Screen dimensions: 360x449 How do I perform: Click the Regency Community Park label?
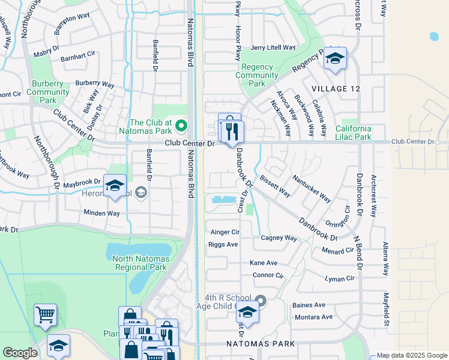(257, 75)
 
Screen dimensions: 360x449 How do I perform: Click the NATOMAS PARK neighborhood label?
(261, 344)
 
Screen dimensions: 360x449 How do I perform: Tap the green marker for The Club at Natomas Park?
(182, 125)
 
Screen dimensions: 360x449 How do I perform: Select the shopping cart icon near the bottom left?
(46, 314)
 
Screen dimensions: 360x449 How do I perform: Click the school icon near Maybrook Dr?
(115, 185)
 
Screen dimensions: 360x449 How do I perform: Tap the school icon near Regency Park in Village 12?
(336, 59)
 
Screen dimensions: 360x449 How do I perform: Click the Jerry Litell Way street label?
(273, 47)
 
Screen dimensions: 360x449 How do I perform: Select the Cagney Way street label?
(279, 238)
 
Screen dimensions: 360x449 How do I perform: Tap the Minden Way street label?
(101, 213)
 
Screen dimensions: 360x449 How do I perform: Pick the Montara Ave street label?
(313, 317)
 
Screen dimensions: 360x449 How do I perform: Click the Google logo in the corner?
(20, 353)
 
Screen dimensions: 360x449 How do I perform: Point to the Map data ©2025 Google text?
(412, 355)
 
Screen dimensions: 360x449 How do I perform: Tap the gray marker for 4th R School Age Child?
(260, 300)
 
